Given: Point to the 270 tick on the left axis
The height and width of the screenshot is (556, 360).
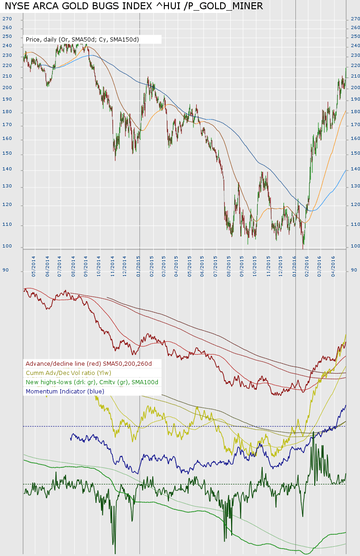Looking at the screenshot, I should click(x=7, y=19).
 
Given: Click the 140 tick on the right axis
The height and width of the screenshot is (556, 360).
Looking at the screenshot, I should click(x=355, y=169).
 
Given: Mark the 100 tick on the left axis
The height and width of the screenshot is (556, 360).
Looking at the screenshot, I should click(x=7, y=246).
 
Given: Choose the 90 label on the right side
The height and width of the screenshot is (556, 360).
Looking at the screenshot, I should click(x=354, y=270).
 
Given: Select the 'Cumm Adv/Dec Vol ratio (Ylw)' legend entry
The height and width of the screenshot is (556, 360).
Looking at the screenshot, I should click(x=68, y=373).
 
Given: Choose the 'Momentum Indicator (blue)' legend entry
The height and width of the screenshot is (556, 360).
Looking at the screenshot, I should click(x=65, y=392).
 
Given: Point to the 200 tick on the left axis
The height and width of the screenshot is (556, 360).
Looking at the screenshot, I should click(x=7, y=88).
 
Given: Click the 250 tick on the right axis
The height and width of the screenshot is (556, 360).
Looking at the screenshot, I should click(x=355, y=36).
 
